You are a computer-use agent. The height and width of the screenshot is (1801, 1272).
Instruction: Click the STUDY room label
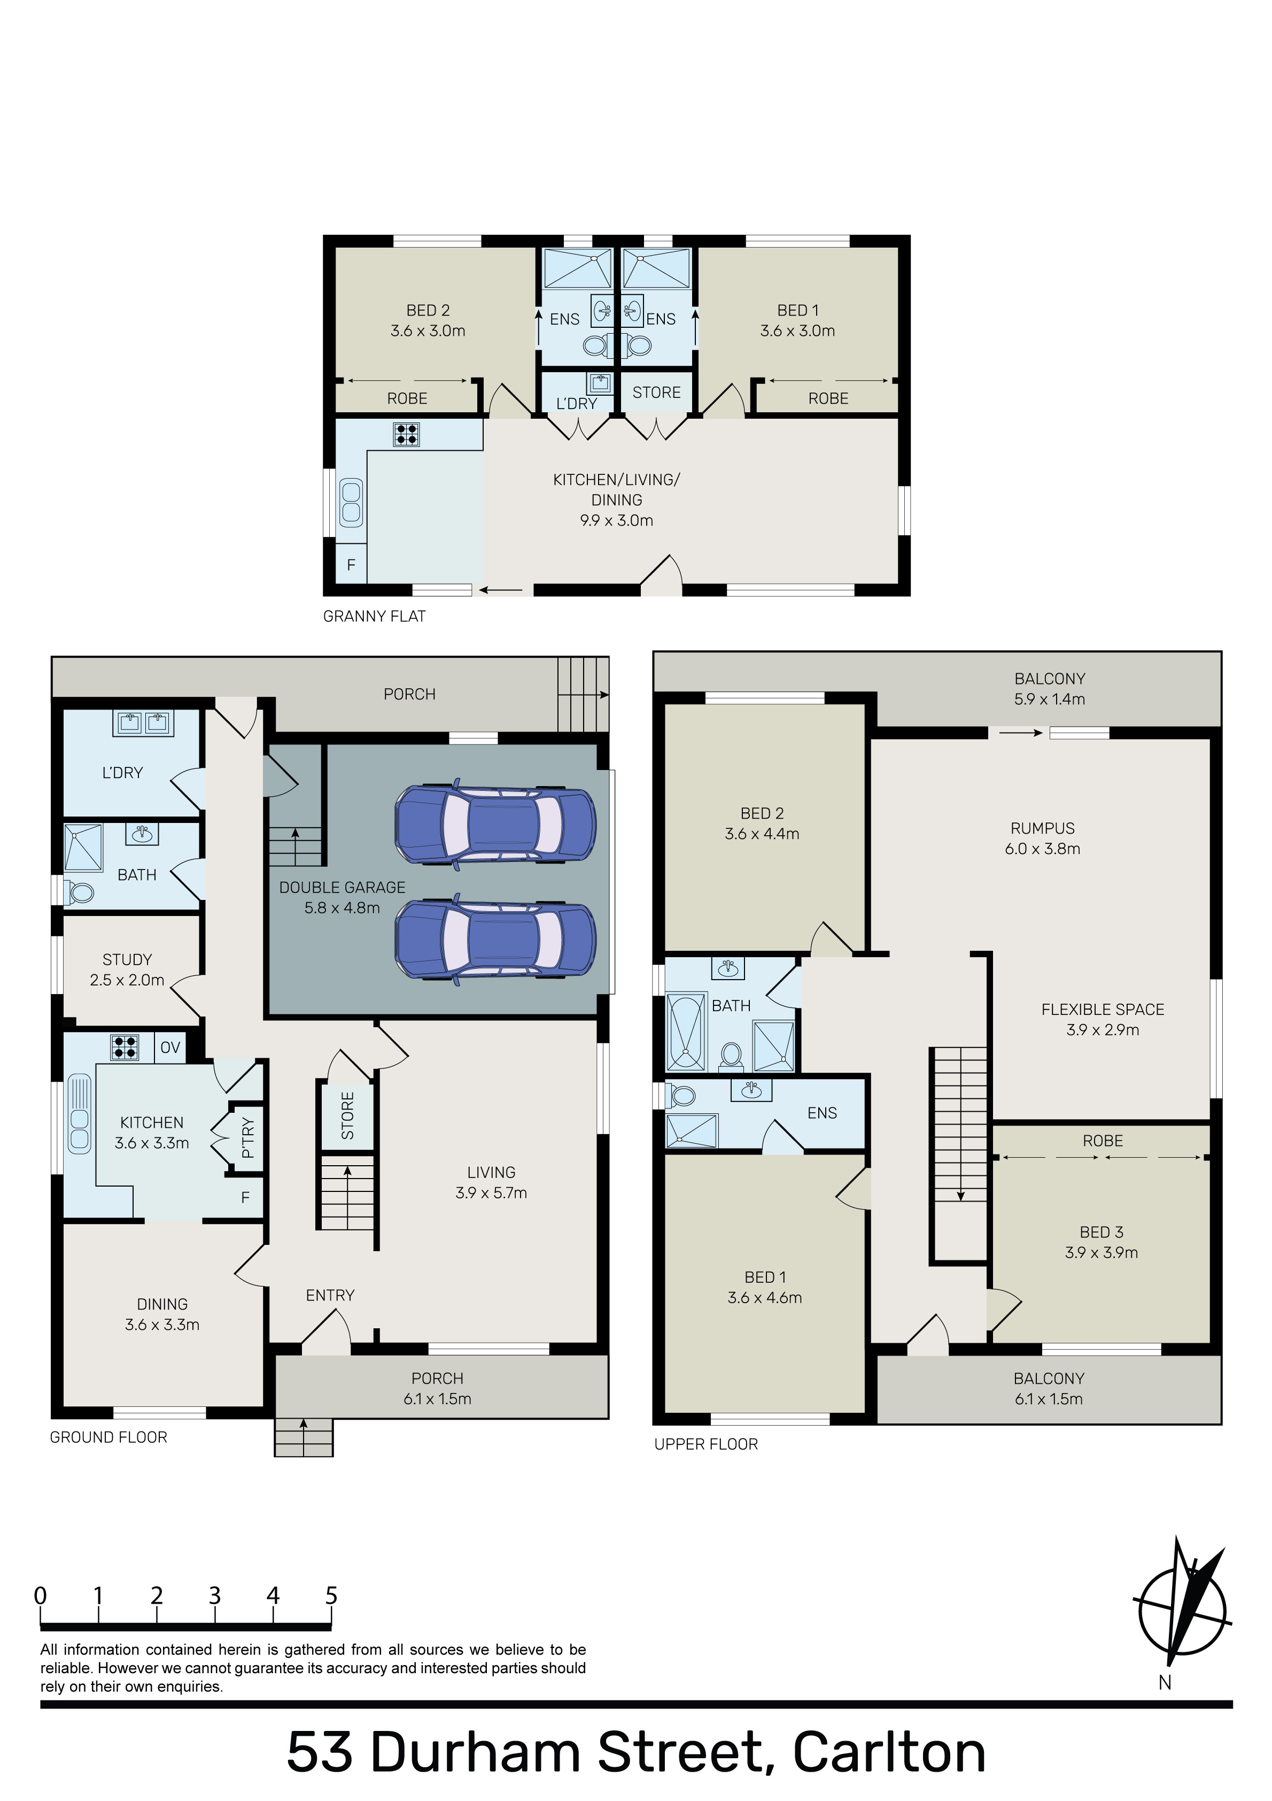[127, 959]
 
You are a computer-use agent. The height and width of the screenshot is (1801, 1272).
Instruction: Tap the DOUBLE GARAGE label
[342, 887]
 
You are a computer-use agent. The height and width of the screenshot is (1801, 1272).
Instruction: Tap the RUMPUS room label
[1042, 828]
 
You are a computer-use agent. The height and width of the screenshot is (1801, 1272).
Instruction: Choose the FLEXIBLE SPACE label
[1103, 1010]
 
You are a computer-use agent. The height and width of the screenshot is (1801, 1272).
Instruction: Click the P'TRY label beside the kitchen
[248, 1138]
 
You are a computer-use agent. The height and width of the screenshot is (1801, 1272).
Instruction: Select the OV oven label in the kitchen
[170, 1047]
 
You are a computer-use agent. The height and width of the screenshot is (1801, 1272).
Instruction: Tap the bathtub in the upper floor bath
[685, 1033]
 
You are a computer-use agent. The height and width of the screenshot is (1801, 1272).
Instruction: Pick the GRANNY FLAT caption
[374, 617]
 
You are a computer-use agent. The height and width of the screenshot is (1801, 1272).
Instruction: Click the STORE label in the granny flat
[656, 392]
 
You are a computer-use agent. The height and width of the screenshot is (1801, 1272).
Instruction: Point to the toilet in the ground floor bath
[79, 892]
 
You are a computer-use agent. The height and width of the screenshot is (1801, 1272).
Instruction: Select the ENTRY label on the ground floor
[330, 1295]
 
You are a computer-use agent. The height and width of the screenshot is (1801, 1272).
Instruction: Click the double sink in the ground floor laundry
[144, 722]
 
